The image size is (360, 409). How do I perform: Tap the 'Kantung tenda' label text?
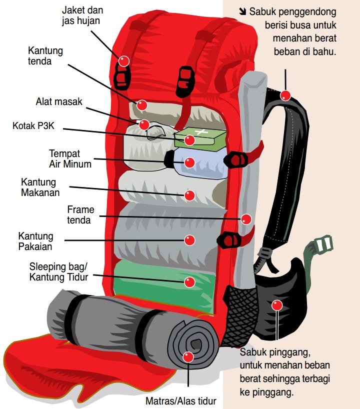[x=46, y=56]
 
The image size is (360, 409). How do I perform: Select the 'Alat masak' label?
[x=58, y=102]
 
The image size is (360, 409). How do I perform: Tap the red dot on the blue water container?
[x=189, y=162]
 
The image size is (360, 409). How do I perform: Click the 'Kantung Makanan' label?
[x=40, y=187]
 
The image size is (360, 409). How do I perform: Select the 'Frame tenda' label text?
[x=80, y=215]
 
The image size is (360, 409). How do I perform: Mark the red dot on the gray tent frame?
[x=246, y=218]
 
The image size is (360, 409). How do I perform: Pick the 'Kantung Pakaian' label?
[x=35, y=241]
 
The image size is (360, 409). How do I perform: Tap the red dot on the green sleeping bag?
[x=189, y=282]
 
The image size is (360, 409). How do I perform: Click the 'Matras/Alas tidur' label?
[x=181, y=400]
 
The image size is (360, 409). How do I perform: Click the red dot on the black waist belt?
[x=277, y=305]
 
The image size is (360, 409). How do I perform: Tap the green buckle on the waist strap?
[x=322, y=244]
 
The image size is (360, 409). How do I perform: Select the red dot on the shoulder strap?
[x=285, y=95]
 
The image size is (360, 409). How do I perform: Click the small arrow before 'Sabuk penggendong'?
[x=242, y=11]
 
